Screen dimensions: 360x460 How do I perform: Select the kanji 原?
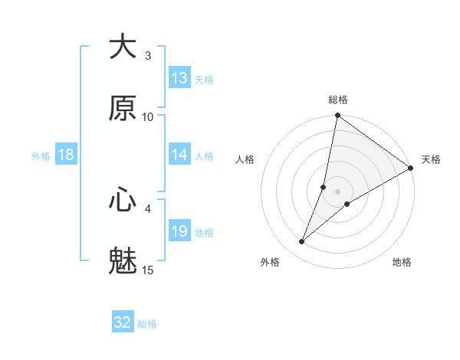(123, 108)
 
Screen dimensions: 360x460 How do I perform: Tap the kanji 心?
(123, 200)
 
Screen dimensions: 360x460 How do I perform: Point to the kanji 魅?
(123, 261)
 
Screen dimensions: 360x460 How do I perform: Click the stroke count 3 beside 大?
(148, 56)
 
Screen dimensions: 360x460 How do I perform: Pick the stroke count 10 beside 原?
(148, 117)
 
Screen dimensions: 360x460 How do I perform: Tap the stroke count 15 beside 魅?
(148, 270)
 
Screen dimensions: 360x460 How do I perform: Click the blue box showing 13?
(179, 78)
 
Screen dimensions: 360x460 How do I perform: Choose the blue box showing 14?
(179, 155)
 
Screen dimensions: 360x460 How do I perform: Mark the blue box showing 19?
(179, 231)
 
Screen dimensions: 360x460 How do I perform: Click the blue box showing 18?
(66, 155)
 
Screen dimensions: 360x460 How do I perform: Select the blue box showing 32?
(123, 322)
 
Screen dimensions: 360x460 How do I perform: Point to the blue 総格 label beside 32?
(147, 324)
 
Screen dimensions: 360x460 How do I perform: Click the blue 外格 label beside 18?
(41, 156)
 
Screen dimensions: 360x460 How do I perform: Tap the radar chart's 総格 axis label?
(338, 100)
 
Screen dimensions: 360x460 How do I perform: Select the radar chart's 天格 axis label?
(431, 159)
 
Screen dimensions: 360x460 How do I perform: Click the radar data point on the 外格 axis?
(302, 242)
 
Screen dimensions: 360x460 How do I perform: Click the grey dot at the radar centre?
(338, 191)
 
